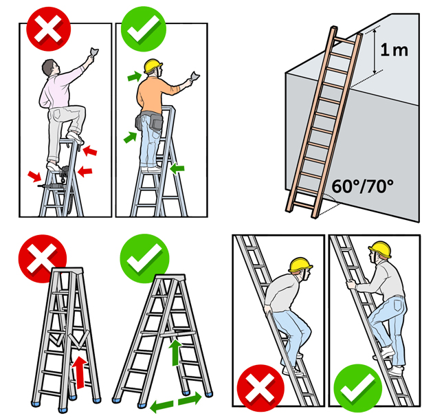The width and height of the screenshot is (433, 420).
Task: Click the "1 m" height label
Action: click(x=394, y=50)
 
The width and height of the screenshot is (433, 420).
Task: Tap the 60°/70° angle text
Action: click(x=363, y=186)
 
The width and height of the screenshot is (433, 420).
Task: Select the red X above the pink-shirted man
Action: click(x=49, y=29)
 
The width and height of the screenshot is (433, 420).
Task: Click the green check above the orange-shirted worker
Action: click(x=144, y=29)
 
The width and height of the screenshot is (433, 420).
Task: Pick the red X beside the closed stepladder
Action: click(x=42, y=258)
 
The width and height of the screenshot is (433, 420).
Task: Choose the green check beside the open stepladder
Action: click(x=144, y=258)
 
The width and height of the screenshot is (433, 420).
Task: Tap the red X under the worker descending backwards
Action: click(x=260, y=388)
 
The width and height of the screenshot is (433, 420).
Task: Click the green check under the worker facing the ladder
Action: click(x=358, y=388)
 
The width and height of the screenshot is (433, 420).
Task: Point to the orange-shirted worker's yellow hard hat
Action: click(x=153, y=66)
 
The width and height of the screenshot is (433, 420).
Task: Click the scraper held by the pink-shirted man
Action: click(x=93, y=52)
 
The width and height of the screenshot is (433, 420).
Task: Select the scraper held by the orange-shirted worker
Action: click(x=195, y=76)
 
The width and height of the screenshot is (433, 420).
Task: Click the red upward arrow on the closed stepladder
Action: click(x=80, y=372)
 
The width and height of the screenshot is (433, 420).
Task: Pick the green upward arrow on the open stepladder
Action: click(x=175, y=353)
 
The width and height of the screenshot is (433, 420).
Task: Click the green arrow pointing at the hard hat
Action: click(x=135, y=76)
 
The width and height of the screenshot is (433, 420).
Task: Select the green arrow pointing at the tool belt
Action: click(x=130, y=137)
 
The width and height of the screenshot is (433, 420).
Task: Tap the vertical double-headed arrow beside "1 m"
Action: click(x=375, y=51)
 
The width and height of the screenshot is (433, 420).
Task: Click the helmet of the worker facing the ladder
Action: click(x=380, y=249)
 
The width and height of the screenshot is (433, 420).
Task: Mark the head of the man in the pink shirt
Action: click(x=50, y=67)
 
